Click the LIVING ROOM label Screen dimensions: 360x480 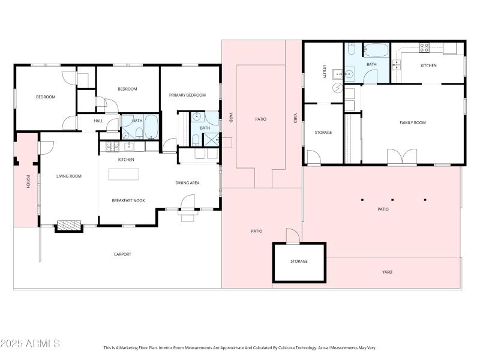click(68, 176)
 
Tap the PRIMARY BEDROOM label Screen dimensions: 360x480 click(187, 95)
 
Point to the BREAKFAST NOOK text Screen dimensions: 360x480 click(128, 200)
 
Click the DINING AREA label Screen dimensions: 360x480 click(187, 183)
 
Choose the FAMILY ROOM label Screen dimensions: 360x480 click(412, 123)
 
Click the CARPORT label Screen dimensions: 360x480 click(122, 254)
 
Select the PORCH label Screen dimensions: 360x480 click(27, 182)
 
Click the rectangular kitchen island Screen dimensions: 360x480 click(124, 174)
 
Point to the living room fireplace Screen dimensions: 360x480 click(69, 226)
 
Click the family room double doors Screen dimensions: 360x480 click(401, 157)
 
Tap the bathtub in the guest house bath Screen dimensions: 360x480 click(376, 50)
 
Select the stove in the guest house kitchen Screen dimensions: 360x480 click(424, 48)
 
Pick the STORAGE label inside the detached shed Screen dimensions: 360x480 click(299, 262)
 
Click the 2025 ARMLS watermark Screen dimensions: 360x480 click(30, 344)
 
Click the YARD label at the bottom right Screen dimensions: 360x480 click(387, 272)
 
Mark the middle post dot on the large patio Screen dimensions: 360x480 click(392, 200)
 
